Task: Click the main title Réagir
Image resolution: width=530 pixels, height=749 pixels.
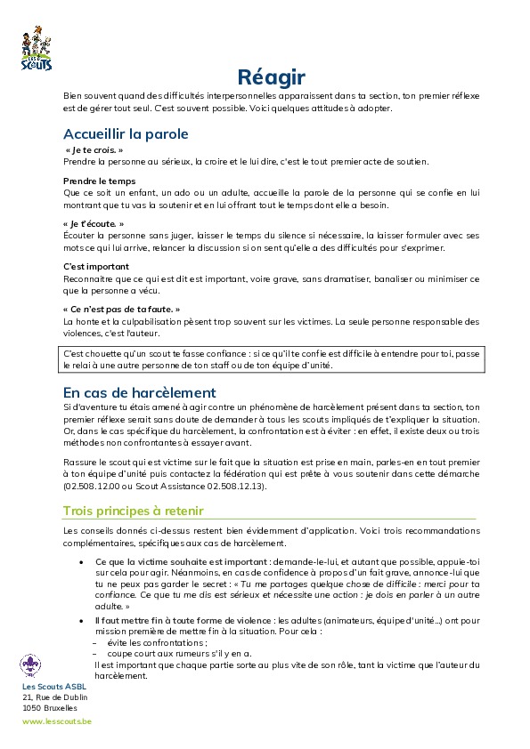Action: click(x=272, y=77)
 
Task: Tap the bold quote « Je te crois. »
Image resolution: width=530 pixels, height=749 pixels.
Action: click(x=94, y=151)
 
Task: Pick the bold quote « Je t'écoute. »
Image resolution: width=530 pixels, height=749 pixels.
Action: click(x=94, y=223)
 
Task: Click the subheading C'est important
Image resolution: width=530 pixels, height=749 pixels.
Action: click(x=96, y=266)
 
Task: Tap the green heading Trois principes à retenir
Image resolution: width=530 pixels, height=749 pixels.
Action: click(x=133, y=511)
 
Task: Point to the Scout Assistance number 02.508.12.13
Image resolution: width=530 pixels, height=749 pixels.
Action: click(x=238, y=487)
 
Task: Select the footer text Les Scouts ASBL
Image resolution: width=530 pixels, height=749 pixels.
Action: click(x=54, y=688)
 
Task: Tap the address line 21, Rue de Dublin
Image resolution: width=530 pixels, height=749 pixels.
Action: click(x=55, y=697)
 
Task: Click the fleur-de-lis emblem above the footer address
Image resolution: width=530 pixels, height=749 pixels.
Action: click(x=31, y=664)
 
